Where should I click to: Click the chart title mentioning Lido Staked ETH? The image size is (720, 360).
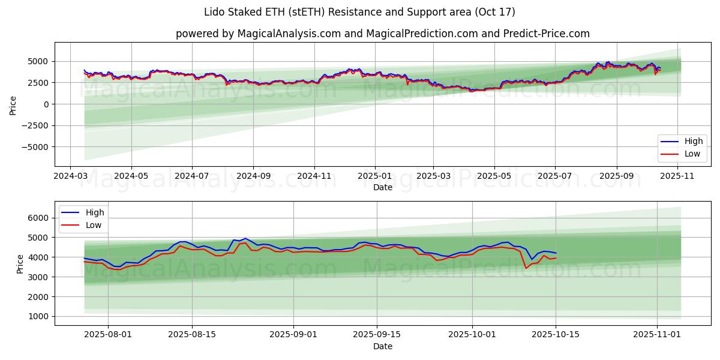click(x=359, y=12)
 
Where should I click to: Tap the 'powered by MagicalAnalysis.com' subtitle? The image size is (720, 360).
click(x=382, y=34)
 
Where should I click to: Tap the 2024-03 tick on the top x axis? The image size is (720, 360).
click(x=70, y=176)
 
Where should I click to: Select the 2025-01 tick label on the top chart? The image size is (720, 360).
click(x=374, y=176)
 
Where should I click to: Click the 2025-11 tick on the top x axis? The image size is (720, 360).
click(x=678, y=176)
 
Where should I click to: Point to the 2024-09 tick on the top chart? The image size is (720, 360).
click(x=253, y=176)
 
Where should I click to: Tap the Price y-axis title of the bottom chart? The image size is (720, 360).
click(x=20, y=263)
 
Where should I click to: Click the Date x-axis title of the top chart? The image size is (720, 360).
click(x=382, y=187)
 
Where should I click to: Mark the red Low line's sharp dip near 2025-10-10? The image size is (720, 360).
click(x=526, y=268)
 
